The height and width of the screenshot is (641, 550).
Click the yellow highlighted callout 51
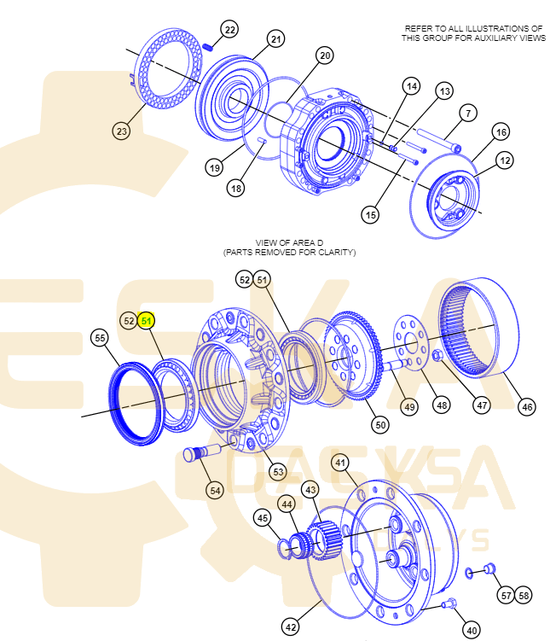[x=148, y=321]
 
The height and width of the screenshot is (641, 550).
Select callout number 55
[x=101, y=339]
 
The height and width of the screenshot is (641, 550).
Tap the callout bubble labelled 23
[x=122, y=131]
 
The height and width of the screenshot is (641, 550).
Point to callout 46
[x=527, y=406]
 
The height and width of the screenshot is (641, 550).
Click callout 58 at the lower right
[x=523, y=594]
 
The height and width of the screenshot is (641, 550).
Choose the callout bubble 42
[x=291, y=626]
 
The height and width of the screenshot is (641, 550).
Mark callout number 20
[x=324, y=56]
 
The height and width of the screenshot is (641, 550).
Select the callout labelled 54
[x=215, y=490]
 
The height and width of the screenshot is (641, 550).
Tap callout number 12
[x=505, y=160]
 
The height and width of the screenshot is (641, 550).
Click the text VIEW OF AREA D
[x=289, y=243]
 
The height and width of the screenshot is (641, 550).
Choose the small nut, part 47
[x=437, y=354]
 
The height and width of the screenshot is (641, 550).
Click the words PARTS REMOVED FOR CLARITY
[x=289, y=253]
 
